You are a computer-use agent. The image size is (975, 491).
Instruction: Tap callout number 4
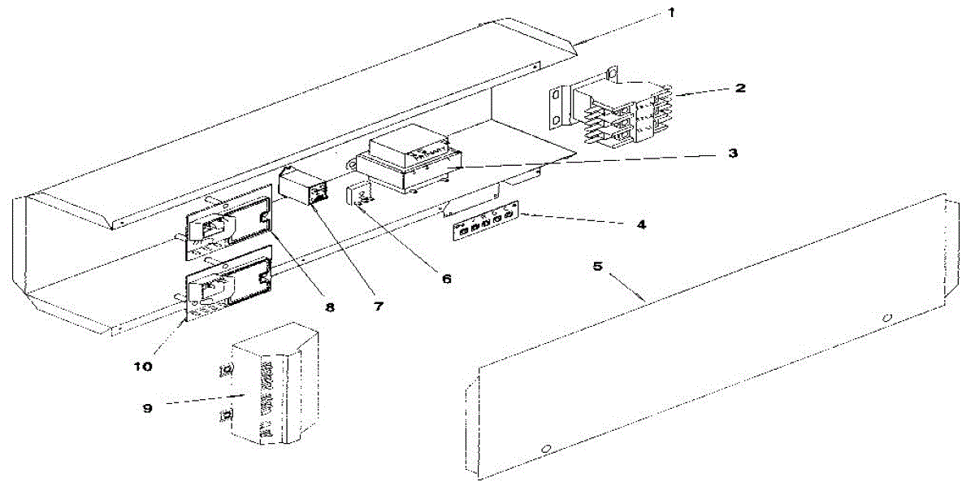click(x=641, y=224)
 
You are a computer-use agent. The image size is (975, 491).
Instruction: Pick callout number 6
click(x=446, y=278)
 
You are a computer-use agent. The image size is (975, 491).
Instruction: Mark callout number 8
click(x=330, y=308)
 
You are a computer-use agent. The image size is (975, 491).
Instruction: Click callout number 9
click(x=148, y=408)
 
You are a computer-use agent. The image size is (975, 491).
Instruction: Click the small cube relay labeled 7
click(x=304, y=187)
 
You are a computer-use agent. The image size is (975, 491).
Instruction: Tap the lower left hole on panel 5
click(x=546, y=448)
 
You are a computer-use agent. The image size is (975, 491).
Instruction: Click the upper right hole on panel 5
click(x=887, y=317)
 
